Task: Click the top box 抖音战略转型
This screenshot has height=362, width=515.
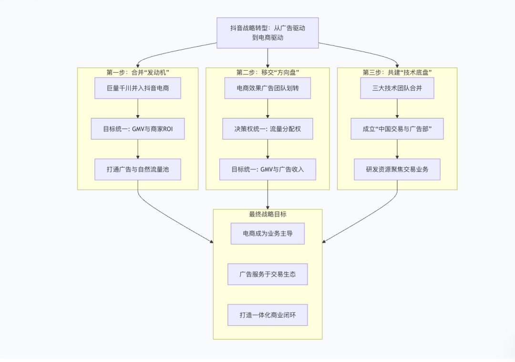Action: pos(268,33)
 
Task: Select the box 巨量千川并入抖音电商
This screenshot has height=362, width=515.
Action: pos(138,88)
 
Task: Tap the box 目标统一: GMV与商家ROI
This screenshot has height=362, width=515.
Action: pos(138,129)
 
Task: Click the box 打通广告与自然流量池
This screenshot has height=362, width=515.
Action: pos(138,170)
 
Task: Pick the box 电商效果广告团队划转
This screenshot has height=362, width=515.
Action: pos(268,88)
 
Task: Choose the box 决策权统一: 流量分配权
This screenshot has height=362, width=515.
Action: pos(268,129)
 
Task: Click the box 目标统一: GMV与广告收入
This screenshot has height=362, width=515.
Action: pos(268,170)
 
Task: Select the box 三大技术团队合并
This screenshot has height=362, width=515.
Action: pos(397,88)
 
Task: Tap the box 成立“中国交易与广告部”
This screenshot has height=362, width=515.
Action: pos(397,129)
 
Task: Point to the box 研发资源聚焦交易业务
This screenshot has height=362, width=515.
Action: pos(397,170)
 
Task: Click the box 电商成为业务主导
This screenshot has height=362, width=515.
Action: pos(268,234)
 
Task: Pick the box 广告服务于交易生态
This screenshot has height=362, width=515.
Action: pos(268,274)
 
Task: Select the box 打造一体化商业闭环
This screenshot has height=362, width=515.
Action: pos(268,315)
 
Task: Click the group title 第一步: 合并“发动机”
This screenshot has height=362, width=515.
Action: pos(138,72)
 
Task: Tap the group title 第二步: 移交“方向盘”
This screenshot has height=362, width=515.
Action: pos(268,72)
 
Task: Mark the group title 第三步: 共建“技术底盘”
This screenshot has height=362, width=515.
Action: pos(397,72)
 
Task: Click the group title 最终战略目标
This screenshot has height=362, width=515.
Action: pos(268,214)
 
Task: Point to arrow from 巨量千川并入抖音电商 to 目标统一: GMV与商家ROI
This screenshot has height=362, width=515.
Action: pos(138,108)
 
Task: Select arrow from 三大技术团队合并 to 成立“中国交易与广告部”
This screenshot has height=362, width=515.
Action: pos(397,108)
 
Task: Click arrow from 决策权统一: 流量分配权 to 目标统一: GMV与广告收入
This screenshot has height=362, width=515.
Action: pos(268,149)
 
